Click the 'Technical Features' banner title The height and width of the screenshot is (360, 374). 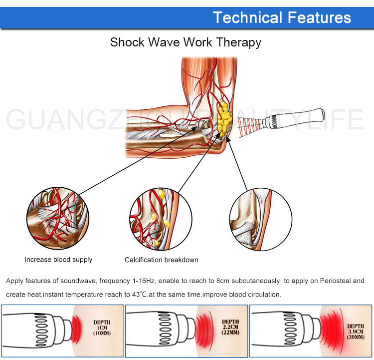282,17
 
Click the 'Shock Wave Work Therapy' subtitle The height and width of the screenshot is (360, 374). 186,42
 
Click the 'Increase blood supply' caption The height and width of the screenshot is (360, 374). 58,260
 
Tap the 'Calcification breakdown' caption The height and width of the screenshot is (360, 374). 161,260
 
